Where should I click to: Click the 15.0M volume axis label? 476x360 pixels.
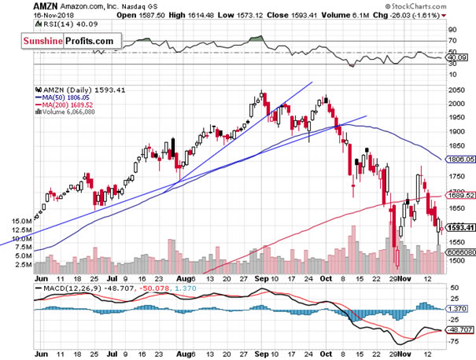tap(23, 222)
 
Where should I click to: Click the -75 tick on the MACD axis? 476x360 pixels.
tap(453, 340)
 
